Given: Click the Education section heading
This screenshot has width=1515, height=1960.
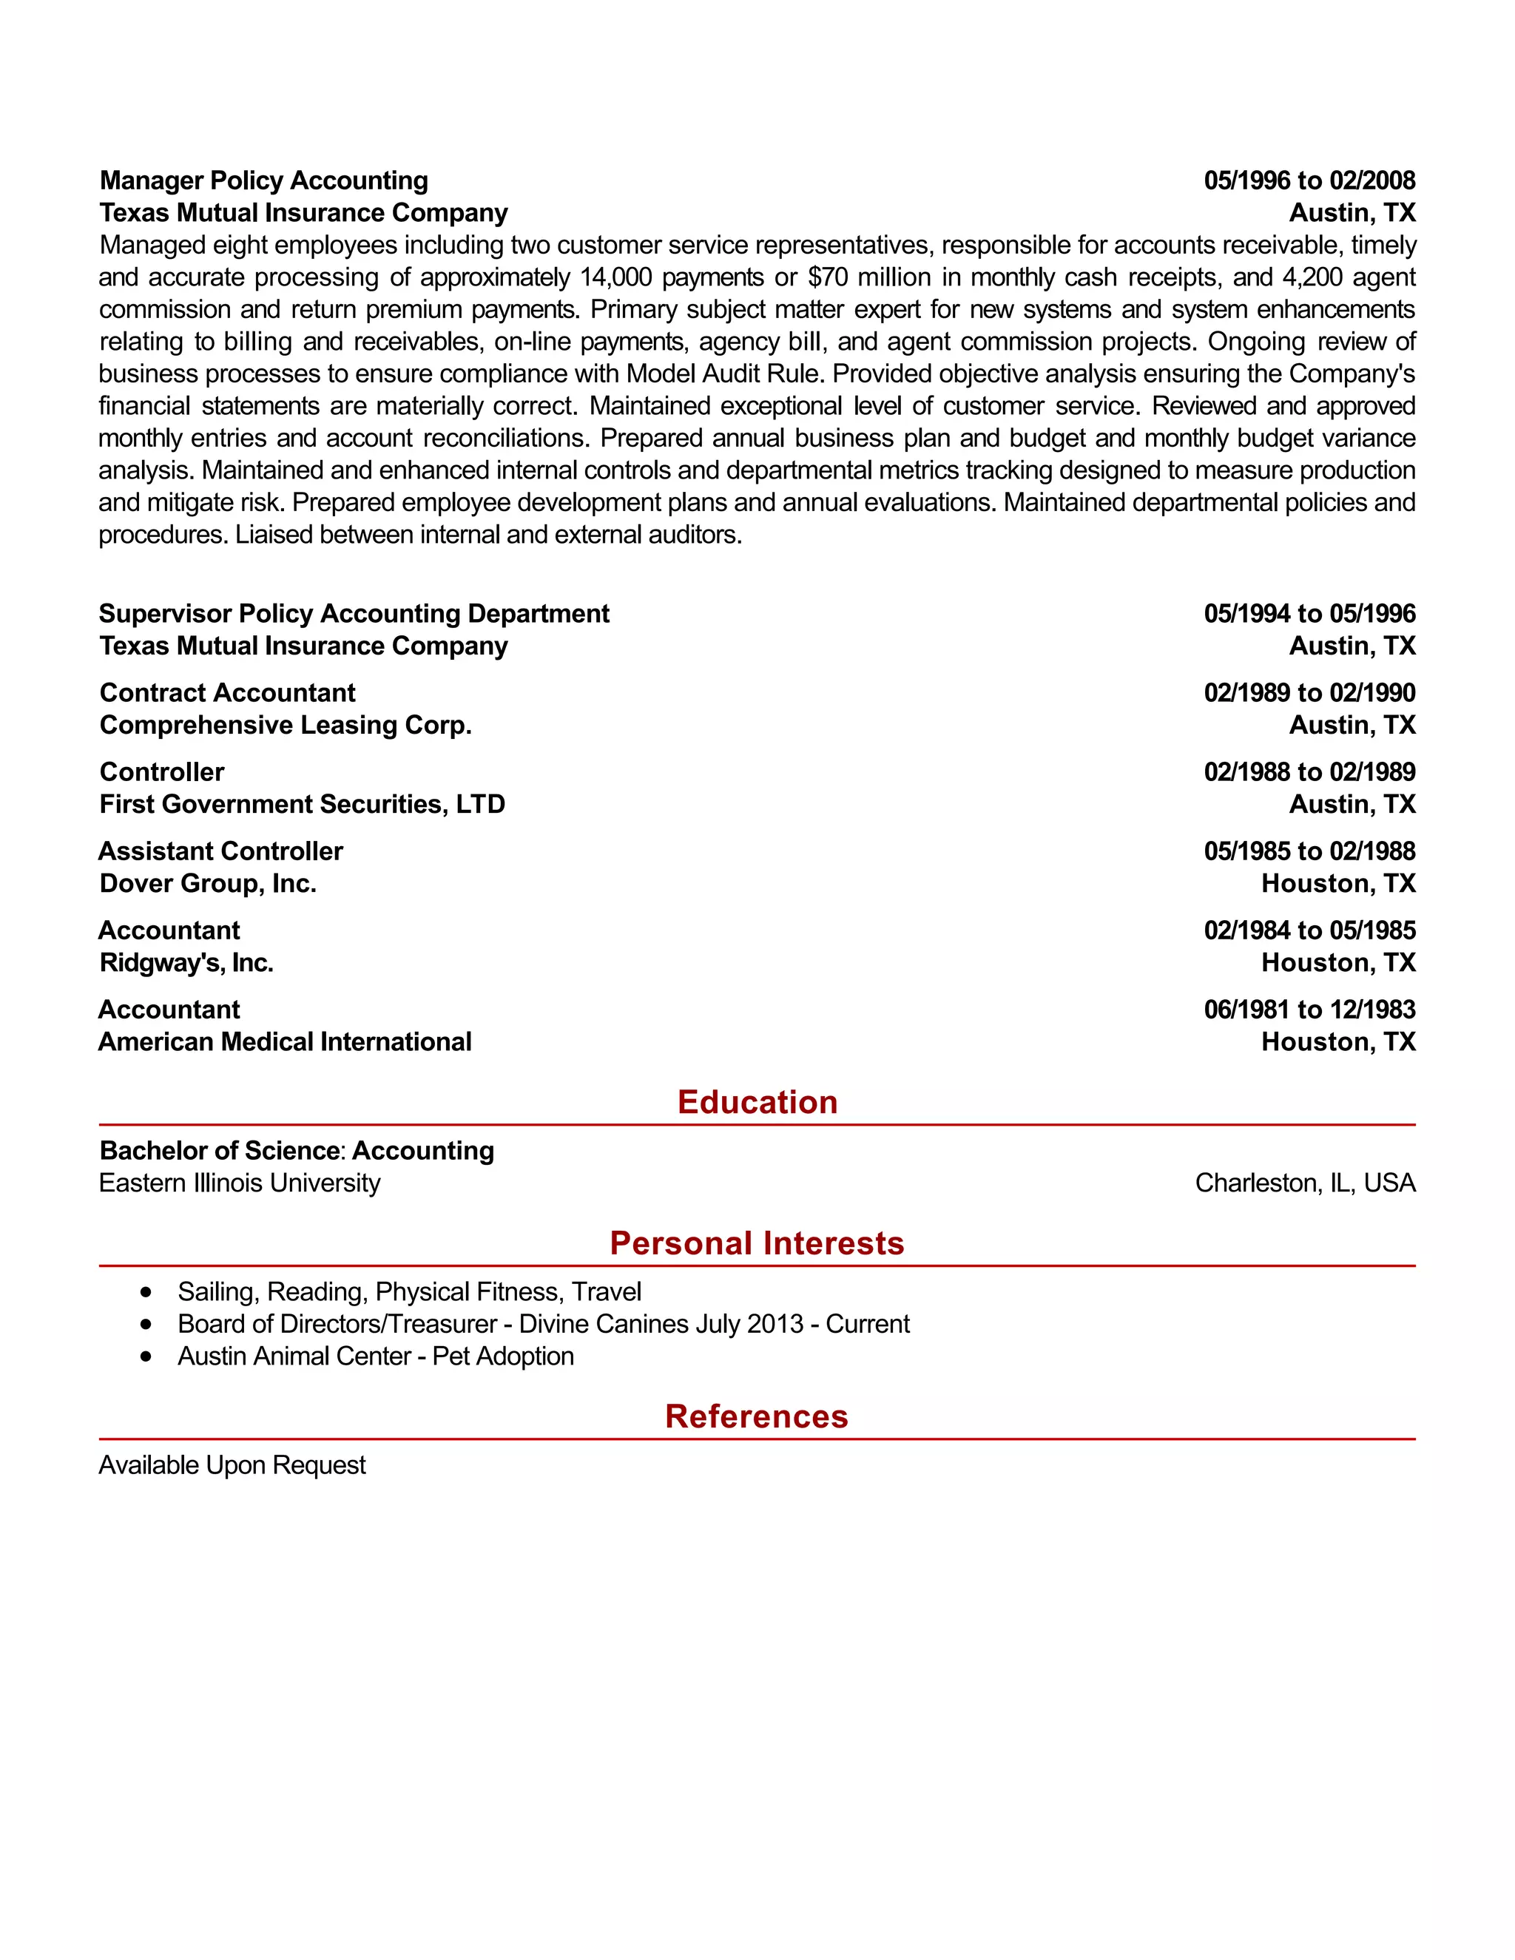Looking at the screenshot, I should click(757, 1102).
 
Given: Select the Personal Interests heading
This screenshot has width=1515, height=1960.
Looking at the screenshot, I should click(757, 1243).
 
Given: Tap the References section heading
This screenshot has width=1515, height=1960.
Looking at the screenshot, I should click(757, 1416).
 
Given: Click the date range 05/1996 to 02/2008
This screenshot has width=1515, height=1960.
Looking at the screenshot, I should click(1309, 180).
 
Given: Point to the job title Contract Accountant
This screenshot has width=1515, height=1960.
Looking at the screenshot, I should click(227, 693).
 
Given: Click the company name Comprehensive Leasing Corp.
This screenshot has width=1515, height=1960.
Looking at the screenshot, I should click(286, 725).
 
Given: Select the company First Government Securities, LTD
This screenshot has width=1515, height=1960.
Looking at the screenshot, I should click(302, 804).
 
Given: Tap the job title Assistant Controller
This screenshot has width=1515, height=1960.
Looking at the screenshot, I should click(220, 851).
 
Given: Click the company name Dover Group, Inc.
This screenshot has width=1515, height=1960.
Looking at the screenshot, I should click(207, 883).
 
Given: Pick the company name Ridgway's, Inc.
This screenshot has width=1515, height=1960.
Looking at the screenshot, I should click(186, 963).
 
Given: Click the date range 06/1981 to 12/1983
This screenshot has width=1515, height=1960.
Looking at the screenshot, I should click(1309, 1010).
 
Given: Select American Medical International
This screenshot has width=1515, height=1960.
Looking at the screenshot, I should click(285, 1042).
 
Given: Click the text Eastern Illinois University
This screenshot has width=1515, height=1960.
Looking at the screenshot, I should click(240, 1183).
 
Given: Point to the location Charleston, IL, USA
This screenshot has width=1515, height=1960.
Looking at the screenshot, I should click(1305, 1183).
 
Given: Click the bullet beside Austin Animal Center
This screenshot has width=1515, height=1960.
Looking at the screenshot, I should click(146, 1356).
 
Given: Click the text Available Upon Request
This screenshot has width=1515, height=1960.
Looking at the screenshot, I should click(232, 1465).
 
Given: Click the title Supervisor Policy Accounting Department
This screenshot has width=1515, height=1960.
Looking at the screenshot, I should click(354, 614).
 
